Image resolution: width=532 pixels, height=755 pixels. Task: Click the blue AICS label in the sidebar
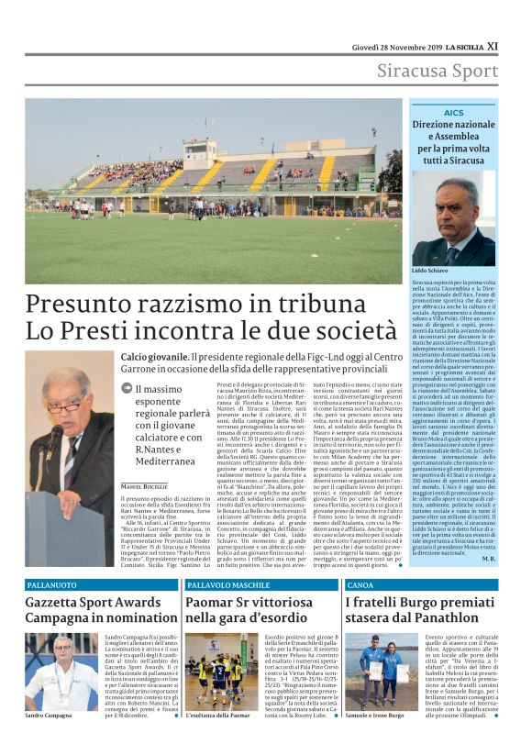454,112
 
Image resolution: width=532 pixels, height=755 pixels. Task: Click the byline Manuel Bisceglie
144,485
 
